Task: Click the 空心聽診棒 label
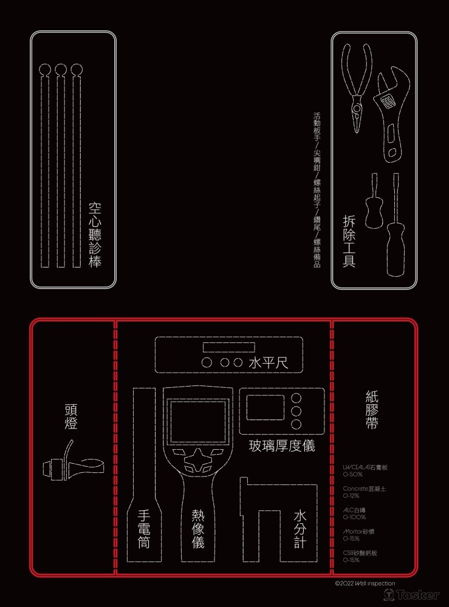94,236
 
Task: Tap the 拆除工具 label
349,241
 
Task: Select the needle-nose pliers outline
357,85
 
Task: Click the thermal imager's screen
196,421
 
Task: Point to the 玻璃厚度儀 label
282,446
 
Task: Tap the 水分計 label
300,529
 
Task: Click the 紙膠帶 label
372,410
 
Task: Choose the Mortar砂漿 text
359,531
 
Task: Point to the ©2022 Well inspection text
365,583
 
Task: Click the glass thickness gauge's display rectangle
266,407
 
